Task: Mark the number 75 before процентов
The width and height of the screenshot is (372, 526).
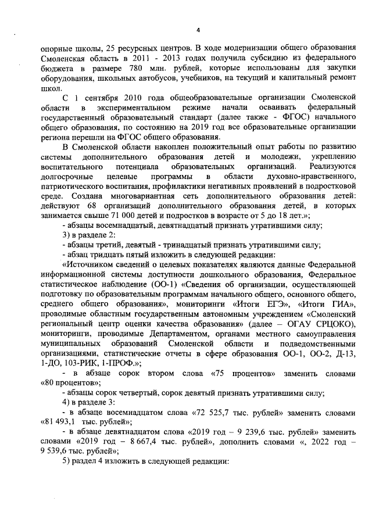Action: coord(223,373)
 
